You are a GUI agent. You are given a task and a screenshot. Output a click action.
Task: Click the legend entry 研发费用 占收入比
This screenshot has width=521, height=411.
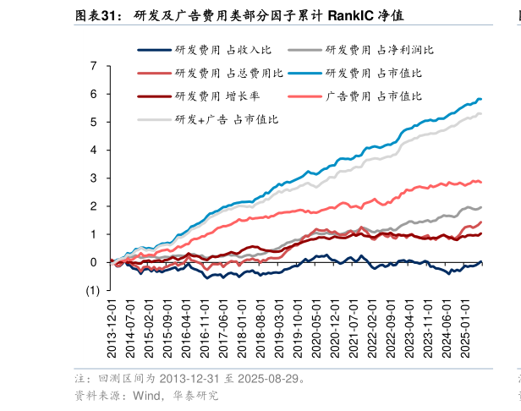[x=211, y=51]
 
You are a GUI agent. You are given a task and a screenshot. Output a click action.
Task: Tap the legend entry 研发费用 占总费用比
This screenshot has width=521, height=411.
[x=216, y=74]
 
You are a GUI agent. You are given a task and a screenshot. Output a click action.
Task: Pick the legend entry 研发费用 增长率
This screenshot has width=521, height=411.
[x=206, y=96]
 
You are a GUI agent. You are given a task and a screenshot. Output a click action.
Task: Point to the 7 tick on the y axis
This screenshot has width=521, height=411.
[x=94, y=66]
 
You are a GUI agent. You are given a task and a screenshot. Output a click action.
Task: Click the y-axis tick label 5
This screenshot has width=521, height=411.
[x=94, y=122]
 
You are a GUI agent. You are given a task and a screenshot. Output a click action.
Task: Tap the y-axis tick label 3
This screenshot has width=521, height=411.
[x=94, y=178]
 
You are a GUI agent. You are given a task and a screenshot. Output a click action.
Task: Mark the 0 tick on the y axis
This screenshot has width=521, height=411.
[x=94, y=262]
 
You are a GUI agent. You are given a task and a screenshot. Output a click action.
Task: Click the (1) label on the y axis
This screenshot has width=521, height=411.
[x=91, y=290]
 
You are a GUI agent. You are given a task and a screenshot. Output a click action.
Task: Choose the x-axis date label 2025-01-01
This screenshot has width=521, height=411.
[x=464, y=332]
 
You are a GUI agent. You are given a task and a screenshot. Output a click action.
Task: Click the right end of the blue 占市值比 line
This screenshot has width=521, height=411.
[x=481, y=100]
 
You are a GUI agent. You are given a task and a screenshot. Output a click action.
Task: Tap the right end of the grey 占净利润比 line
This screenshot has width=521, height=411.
[x=481, y=207]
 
